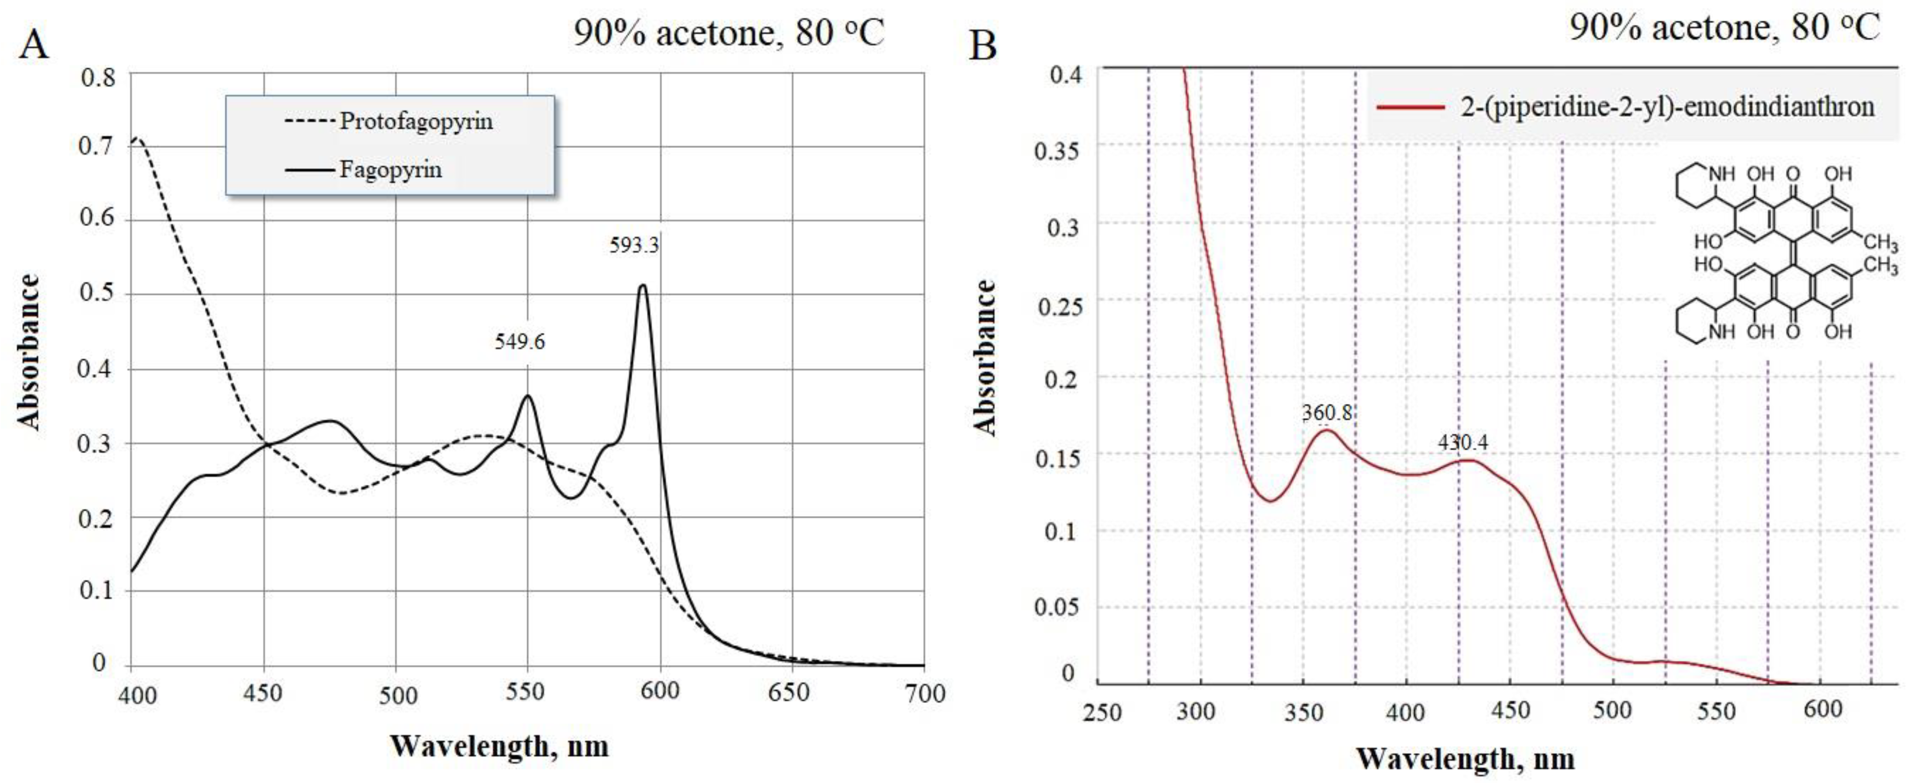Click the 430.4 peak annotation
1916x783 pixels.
pos(1463,443)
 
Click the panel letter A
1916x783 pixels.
pos(34,45)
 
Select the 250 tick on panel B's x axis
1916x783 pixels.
pos(1101,712)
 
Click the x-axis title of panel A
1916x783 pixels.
pos(499,746)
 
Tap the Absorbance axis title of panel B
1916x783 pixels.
pos(984,357)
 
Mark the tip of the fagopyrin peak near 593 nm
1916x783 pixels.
pos(643,285)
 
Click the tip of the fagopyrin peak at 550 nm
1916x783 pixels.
pos(528,396)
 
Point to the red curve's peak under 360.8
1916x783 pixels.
pos(1326,430)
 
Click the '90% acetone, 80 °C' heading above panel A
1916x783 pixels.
pos(728,34)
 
